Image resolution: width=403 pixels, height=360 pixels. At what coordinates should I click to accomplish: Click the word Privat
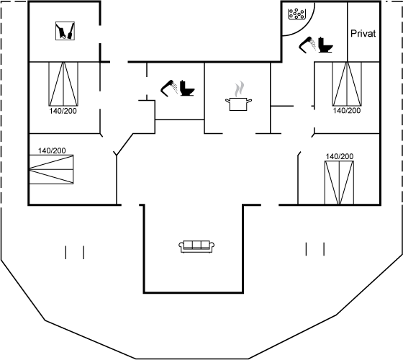click(x=363, y=33)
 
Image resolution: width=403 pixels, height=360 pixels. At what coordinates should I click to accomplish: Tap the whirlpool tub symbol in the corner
click(x=296, y=14)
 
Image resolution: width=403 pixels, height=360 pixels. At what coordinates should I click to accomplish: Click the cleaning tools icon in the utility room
click(x=65, y=30)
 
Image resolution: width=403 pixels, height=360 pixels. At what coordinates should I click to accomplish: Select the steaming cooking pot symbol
click(x=238, y=104)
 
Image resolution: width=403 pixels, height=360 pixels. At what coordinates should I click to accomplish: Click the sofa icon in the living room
click(x=196, y=247)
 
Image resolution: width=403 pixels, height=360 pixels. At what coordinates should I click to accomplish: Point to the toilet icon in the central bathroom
click(x=187, y=88)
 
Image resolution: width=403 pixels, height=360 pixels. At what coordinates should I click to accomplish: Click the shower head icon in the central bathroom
click(x=169, y=89)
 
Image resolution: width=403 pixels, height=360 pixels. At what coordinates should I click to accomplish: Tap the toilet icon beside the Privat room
click(x=325, y=45)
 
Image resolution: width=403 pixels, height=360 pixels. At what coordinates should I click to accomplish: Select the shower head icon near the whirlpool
click(x=307, y=45)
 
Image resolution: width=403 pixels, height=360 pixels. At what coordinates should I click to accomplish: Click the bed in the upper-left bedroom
click(x=63, y=84)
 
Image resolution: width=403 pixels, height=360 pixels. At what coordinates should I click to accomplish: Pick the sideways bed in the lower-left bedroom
click(x=51, y=169)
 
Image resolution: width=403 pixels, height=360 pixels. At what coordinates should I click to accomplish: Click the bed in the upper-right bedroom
click(x=347, y=84)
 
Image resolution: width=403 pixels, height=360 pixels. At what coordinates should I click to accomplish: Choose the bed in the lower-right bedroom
click(x=339, y=183)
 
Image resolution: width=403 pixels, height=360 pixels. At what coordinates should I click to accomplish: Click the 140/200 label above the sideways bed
click(x=52, y=150)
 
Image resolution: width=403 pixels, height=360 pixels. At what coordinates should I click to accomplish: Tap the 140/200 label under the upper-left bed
click(x=63, y=111)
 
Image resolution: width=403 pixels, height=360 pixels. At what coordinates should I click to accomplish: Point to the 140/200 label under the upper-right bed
click(x=347, y=111)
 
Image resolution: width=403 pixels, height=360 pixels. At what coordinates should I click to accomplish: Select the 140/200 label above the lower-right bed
click(x=340, y=156)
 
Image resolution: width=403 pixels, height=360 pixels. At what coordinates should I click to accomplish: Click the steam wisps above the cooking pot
click(x=239, y=89)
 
